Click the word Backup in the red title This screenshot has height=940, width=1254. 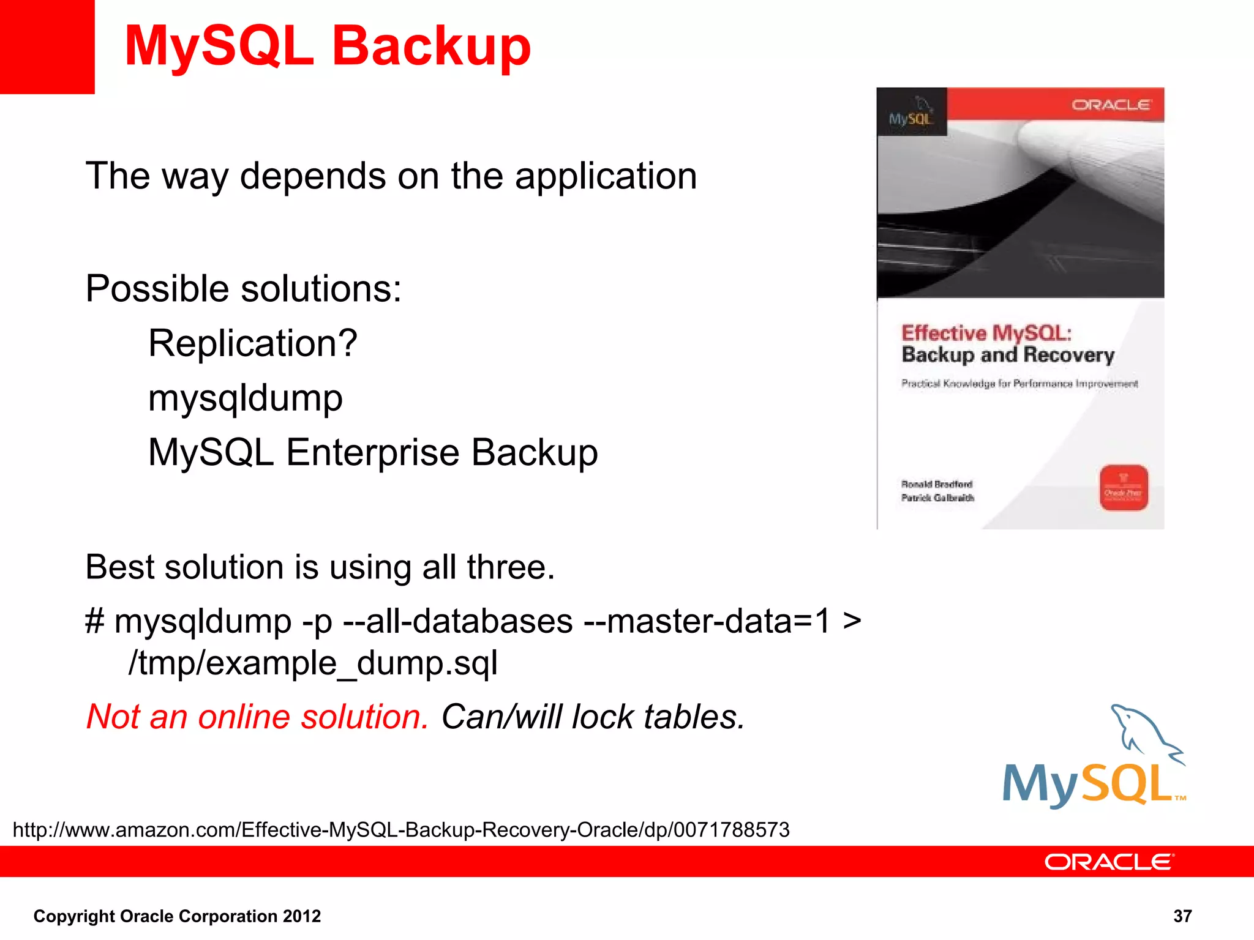click(x=431, y=47)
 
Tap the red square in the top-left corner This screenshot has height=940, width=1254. click(x=47, y=47)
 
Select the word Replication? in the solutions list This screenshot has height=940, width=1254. click(x=252, y=343)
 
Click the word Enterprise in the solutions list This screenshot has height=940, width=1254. click(x=372, y=453)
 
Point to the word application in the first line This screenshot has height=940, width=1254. click(x=606, y=177)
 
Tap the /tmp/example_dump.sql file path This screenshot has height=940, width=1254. click(x=313, y=663)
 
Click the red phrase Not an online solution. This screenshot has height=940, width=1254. click(x=257, y=717)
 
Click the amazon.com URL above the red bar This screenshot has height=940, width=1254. click(x=401, y=830)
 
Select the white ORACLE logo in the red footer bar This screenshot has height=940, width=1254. click(x=1109, y=862)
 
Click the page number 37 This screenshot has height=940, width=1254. click(x=1182, y=916)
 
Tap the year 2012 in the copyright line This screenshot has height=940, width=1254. click(x=302, y=916)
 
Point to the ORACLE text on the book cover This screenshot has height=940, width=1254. click(x=1111, y=105)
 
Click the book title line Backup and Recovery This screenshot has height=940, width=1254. click(x=1008, y=355)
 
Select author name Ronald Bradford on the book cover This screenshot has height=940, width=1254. click(x=936, y=484)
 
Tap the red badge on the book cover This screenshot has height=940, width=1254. click(x=1124, y=488)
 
